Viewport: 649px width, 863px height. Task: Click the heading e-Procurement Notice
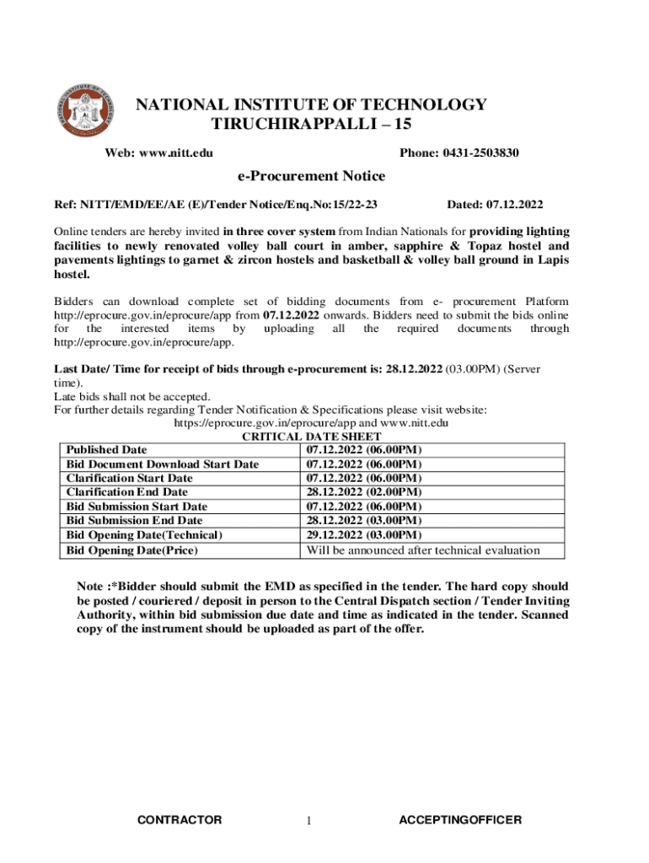311,176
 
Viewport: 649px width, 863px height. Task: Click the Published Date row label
107,450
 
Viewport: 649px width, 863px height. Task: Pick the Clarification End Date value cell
364,492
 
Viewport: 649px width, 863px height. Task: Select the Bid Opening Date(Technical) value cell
364,535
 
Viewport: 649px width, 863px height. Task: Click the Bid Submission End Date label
135,521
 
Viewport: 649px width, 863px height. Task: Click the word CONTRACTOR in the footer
180,820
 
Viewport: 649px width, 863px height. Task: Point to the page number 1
309,822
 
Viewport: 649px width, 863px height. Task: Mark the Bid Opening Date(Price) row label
132,550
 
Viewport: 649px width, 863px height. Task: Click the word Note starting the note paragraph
90,586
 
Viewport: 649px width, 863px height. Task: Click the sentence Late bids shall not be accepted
132,397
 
